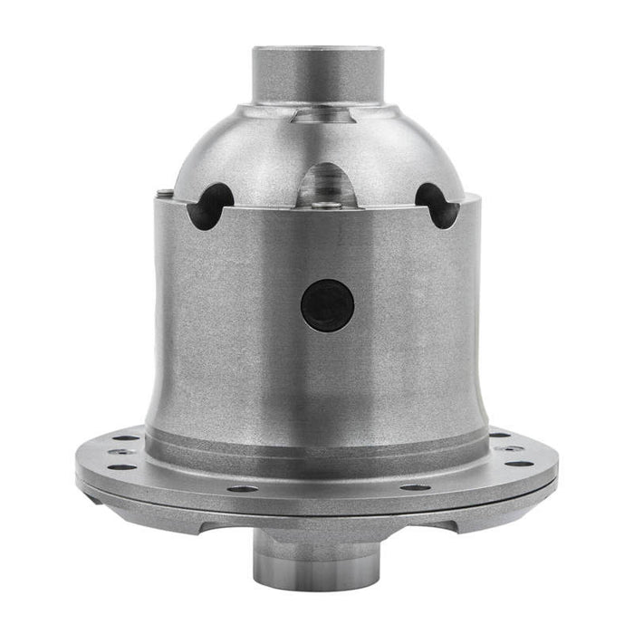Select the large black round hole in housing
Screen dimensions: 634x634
tap(326, 304)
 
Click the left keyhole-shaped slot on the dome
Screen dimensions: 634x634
tap(210, 204)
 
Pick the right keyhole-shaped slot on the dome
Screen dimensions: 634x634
tap(433, 204)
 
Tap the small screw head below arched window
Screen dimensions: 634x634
tap(333, 206)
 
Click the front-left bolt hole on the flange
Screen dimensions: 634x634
tap(242, 488)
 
